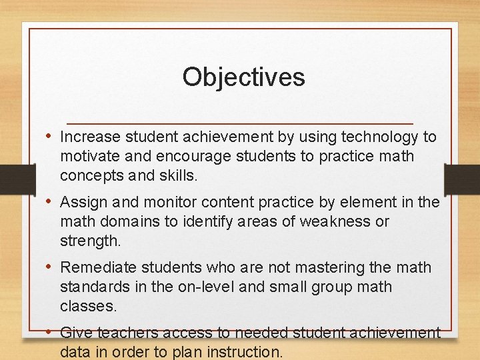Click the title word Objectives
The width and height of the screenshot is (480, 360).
pos(243,77)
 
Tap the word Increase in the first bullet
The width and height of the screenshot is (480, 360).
pos(89,137)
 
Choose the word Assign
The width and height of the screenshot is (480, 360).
pos(80,202)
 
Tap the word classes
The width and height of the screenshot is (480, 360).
pos(88,306)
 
